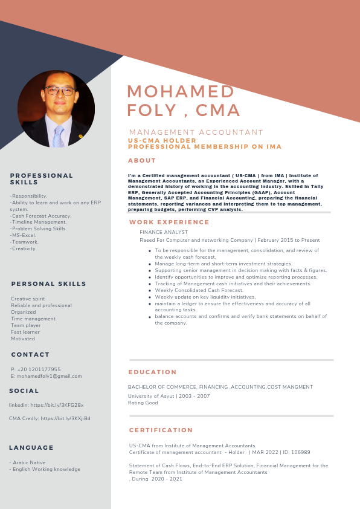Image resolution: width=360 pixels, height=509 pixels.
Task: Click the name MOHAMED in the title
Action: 181,91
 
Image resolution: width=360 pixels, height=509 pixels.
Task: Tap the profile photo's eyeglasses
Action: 60,91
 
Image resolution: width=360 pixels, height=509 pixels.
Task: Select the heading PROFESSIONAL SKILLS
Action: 41,178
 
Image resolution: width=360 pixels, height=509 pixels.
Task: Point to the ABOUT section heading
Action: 142,161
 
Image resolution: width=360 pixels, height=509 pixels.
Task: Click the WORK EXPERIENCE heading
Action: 169,222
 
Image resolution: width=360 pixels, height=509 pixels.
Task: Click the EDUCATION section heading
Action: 153,372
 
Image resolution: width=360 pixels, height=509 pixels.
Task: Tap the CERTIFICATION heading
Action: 161,430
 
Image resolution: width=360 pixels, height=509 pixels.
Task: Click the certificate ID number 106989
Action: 300,452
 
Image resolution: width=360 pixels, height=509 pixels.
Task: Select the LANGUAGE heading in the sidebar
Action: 31,448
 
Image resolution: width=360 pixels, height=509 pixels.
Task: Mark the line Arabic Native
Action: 27,462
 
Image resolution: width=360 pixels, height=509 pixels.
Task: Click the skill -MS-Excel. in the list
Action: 23,235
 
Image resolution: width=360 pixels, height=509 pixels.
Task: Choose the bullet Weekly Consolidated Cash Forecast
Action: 199,290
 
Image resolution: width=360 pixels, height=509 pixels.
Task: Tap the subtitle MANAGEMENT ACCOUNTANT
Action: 196,132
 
